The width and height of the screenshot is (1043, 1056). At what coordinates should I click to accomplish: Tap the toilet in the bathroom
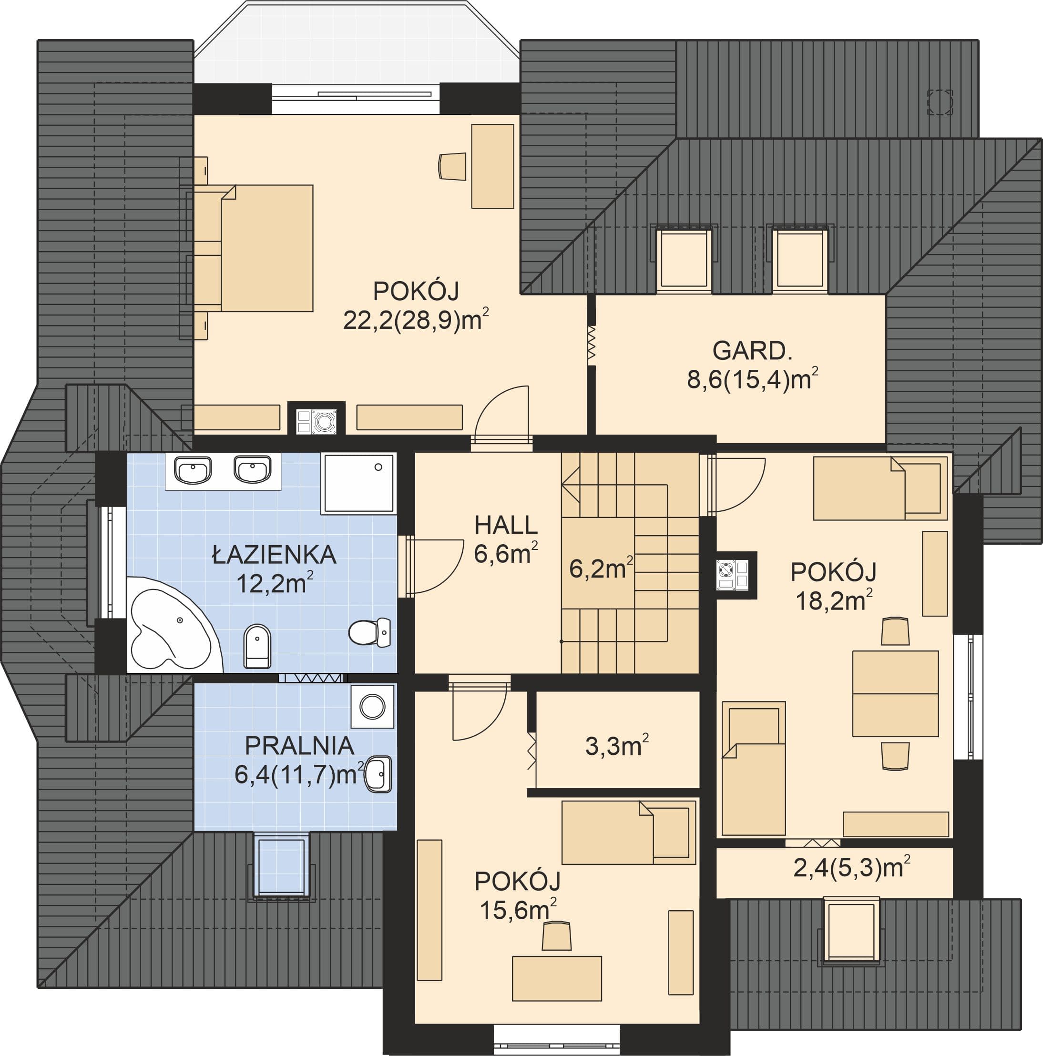[369, 632]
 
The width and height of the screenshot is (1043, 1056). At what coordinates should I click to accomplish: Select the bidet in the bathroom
[257, 647]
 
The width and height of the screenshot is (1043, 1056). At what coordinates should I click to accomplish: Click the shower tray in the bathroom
[358, 483]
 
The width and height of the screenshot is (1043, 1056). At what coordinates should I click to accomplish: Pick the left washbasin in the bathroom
[193, 470]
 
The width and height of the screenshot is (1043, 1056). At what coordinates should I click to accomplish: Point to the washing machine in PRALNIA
[372, 706]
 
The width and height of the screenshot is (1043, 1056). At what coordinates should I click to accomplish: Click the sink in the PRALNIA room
[378, 774]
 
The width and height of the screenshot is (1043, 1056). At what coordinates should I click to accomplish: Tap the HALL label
[506, 525]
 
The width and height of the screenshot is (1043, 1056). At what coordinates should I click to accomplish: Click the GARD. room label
[752, 351]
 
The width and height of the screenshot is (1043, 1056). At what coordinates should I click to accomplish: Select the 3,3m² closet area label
[617, 746]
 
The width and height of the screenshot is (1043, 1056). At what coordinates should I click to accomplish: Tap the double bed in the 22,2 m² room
[254, 248]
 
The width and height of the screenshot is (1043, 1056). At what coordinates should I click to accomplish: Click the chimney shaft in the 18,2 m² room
[736, 576]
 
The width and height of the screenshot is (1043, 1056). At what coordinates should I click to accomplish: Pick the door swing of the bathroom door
[435, 566]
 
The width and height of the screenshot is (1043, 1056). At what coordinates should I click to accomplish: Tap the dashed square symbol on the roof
[940, 102]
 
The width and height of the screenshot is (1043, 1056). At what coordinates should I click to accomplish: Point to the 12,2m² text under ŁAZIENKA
[275, 583]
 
